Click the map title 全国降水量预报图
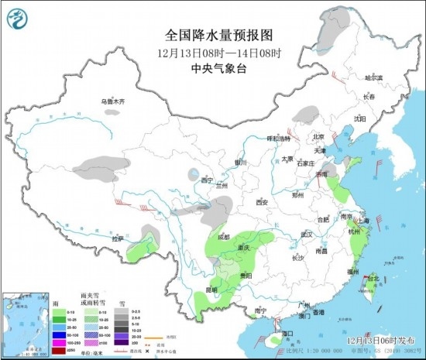click(x=213, y=36)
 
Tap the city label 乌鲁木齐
click(x=112, y=101)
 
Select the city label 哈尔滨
click(x=374, y=77)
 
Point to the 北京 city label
click(x=317, y=136)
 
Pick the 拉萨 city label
click(x=117, y=239)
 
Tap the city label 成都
click(x=224, y=237)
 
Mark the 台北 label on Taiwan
click(x=373, y=278)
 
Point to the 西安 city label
click(x=260, y=202)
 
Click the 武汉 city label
click(x=307, y=234)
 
